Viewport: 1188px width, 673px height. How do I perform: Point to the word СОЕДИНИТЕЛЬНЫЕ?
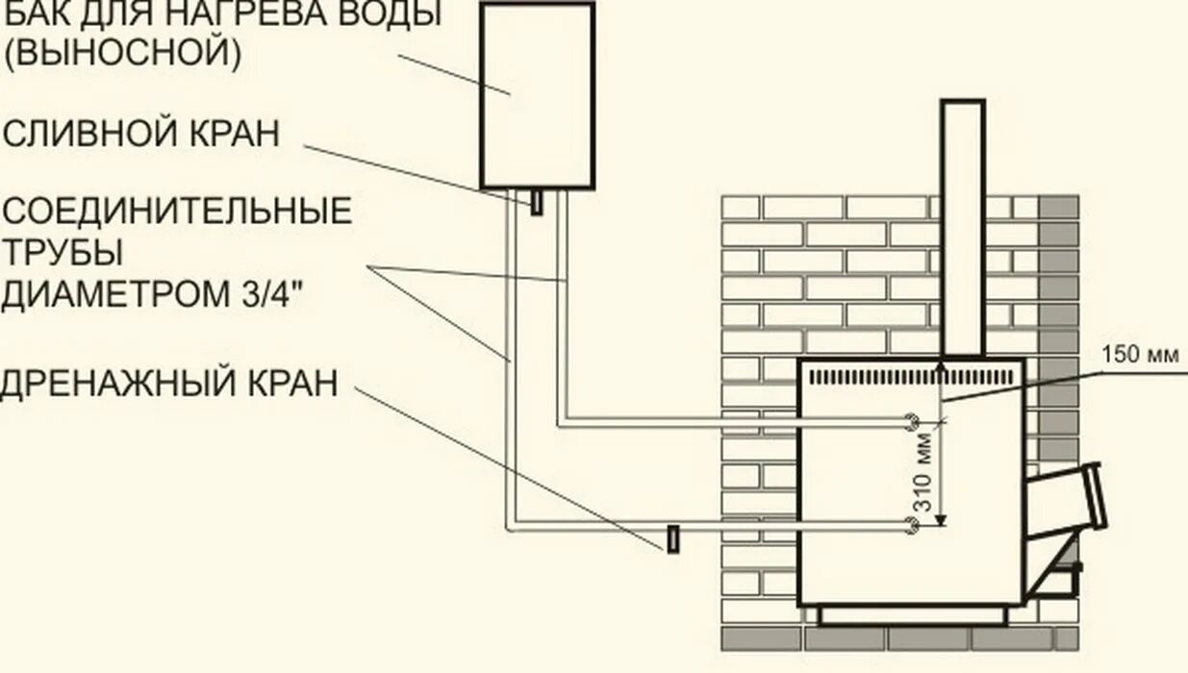(x=177, y=211)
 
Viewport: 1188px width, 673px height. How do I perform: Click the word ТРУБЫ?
(x=63, y=253)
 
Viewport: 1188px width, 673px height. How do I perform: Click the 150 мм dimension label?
(x=1150, y=355)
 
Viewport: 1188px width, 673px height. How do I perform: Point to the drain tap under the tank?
(x=537, y=203)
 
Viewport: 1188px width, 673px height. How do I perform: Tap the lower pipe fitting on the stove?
(x=910, y=524)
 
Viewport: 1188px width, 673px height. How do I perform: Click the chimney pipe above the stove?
(x=962, y=226)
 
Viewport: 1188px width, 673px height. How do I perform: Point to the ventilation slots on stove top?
(x=909, y=375)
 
